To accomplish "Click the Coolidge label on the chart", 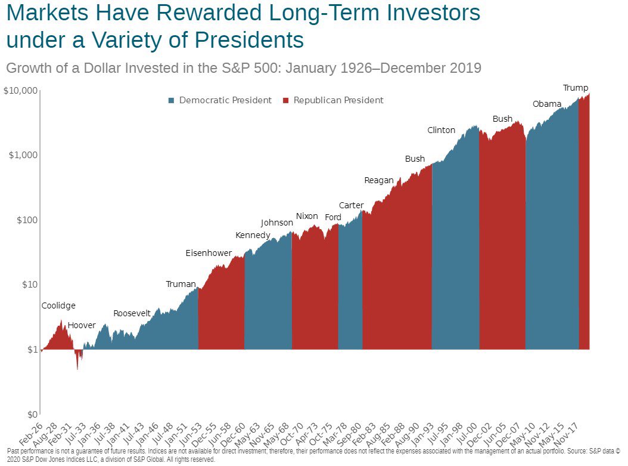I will point(58,305).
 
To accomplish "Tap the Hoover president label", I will point(81,325).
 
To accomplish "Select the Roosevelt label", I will point(132,313).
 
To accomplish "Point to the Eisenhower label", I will point(209,253).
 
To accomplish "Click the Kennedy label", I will point(253,235).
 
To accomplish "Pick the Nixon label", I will point(307,216).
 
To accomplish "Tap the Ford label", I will point(333,217).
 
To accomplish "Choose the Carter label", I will point(351,205).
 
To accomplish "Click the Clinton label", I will point(441,130).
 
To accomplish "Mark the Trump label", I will point(576,88).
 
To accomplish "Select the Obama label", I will point(547,104).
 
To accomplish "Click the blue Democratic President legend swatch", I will point(172,100).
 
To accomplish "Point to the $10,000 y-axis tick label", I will point(21,90).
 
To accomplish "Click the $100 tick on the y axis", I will point(27,220).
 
